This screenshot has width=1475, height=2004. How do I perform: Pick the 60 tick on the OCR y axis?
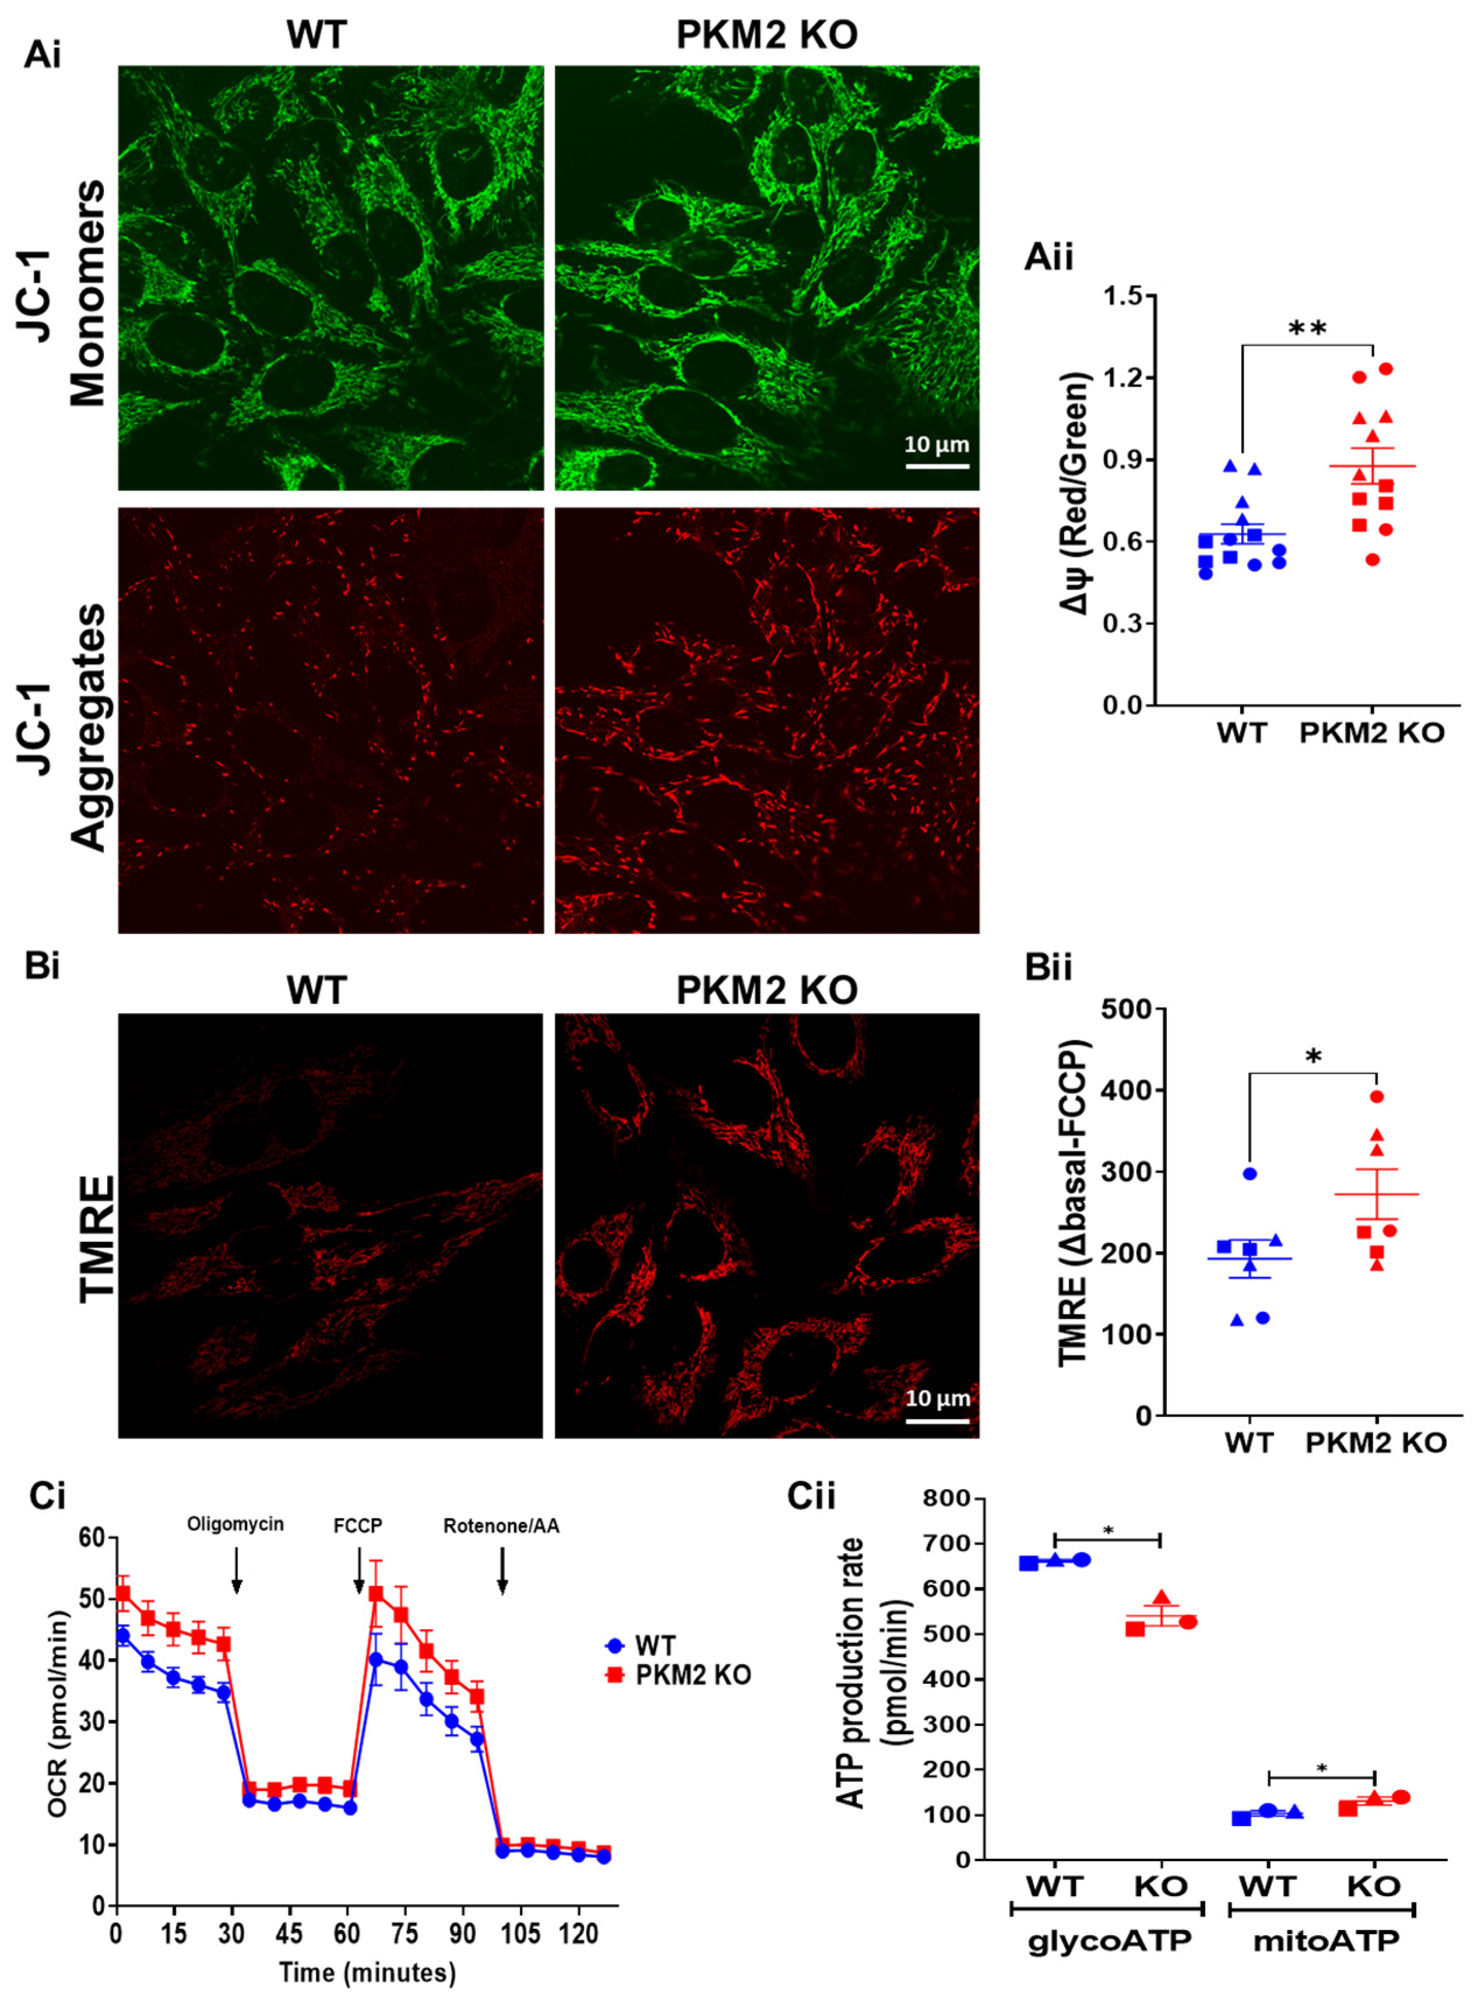93,1538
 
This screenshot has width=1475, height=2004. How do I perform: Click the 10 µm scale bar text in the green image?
937,444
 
